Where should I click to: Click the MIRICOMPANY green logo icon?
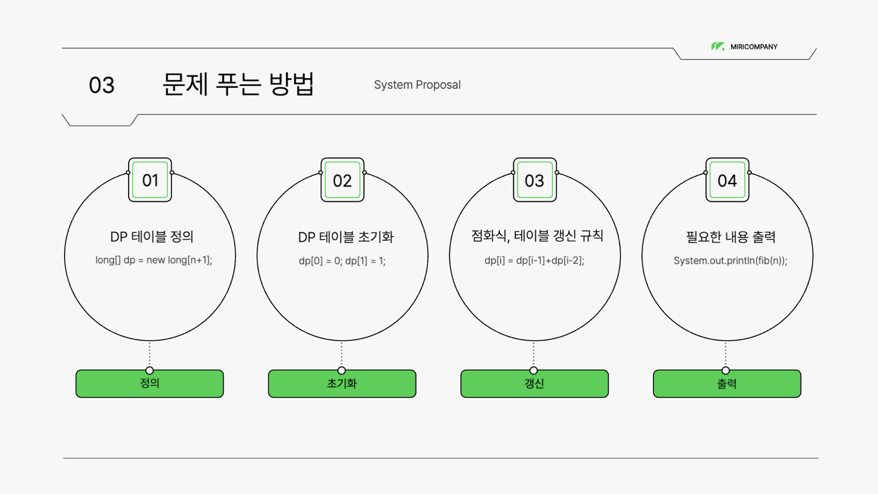[x=718, y=46]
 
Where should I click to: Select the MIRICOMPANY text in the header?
[x=754, y=47]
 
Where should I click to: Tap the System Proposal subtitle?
[x=417, y=85]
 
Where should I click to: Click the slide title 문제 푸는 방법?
[x=238, y=84]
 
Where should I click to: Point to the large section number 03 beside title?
[x=101, y=85]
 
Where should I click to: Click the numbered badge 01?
[x=150, y=180]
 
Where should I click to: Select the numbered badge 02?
[x=342, y=180]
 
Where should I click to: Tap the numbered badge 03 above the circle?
[x=535, y=180]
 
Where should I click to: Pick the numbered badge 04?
[x=727, y=180]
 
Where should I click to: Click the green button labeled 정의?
[x=149, y=384]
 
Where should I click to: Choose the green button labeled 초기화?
[x=342, y=384]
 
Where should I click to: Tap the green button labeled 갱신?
[x=534, y=384]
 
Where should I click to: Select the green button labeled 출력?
[x=727, y=384]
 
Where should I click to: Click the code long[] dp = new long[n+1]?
[x=154, y=260]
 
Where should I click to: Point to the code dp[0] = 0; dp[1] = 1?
[x=342, y=261]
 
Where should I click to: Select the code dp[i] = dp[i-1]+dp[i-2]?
[x=534, y=261]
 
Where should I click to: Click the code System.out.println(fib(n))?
[x=730, y=261]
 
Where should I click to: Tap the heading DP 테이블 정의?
[x=152, y=237]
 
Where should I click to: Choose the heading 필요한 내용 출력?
[x=730, y=237]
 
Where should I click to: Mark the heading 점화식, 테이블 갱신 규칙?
[x=537, y=236]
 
